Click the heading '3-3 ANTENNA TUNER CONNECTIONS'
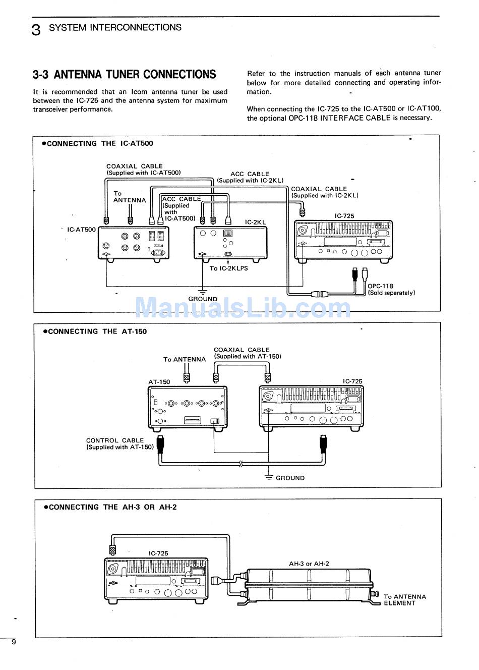click(124, 75)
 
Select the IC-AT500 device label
click(81, 230)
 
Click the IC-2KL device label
click(255, 222)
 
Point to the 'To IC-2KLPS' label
click(228, 268)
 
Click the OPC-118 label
click(380, 286)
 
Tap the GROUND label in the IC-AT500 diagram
click(203, 299)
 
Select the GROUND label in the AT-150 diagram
click(290, 478)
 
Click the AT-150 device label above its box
click(159, 382)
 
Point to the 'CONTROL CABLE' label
click(115, 440)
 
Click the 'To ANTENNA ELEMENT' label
click(404, 600)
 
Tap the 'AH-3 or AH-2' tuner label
click(309, 564)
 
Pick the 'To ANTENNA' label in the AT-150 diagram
click(185, 359)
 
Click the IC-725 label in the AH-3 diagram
click(158, 553)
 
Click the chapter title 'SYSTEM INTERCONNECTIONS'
click(115, 27)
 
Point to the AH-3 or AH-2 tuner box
click(308, 585)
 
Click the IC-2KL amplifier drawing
click(230, 243)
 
